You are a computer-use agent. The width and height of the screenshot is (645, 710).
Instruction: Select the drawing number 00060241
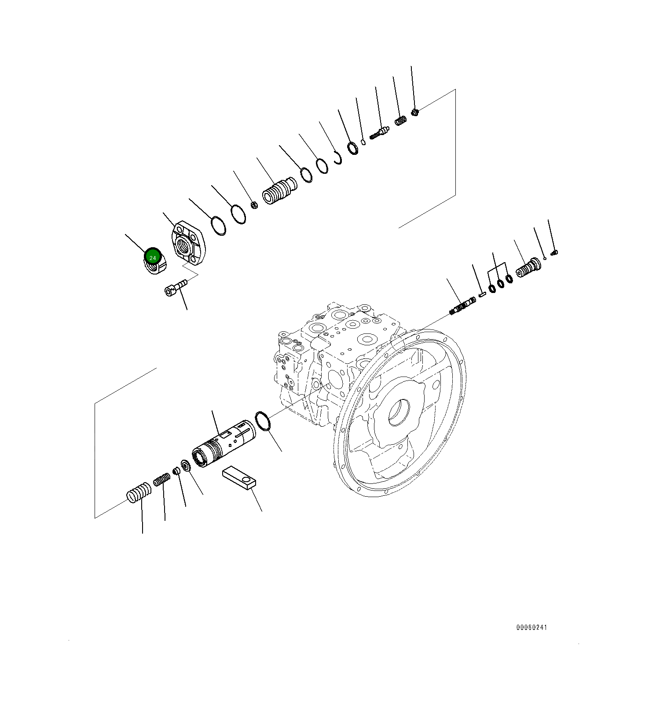pyautogui.click(x=531, y=627)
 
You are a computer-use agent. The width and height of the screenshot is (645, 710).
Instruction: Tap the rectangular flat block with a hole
pyautogui.click(x=239, y=478)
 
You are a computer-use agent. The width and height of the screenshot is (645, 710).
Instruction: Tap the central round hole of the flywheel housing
pyautogui.click(x=398, y=412)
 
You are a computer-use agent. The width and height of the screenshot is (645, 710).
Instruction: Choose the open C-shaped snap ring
pyautogui.click(x=338, y=158)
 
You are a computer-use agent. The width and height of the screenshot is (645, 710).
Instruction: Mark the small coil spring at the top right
pyautogui.click(x=400, y=120)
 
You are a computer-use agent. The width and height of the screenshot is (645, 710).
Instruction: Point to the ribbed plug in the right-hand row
pyautogui.click(x=528, y=267)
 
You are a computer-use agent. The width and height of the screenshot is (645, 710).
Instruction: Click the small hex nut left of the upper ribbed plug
pyautogui.click(x=254, y=205)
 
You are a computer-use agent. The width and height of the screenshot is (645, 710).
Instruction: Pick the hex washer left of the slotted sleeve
pyautogui.click(x=185, y=465)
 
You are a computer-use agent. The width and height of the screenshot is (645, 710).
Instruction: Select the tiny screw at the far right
pyautogui.click(x=554, y=252)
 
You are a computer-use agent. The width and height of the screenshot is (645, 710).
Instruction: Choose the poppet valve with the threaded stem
pyautogui.click(x=379, y=132)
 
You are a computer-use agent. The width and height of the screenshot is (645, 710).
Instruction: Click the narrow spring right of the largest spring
pyautogui.click(x=161, y=479)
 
